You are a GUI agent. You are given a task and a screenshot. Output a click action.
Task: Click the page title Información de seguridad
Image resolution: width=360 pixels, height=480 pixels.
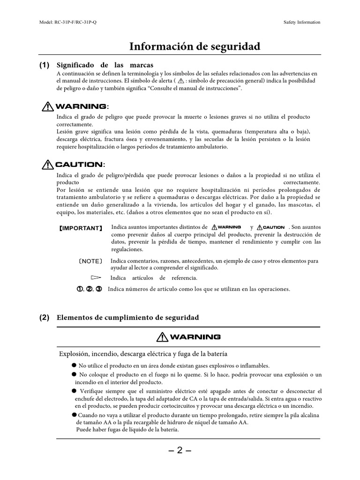[x=194, y=46]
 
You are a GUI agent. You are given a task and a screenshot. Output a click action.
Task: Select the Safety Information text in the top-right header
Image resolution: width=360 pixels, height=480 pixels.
[x=302, y=22]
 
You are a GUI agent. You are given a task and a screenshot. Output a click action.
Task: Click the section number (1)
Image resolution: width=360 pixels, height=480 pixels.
[x=45, y=65]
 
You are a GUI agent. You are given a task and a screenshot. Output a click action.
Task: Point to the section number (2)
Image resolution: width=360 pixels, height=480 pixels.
[x=45, y=317]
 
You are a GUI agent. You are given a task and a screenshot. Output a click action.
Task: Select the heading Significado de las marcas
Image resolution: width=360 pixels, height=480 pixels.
[x=105, y=65]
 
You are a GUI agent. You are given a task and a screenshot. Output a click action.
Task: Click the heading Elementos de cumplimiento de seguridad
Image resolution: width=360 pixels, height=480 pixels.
[x=127, y=317]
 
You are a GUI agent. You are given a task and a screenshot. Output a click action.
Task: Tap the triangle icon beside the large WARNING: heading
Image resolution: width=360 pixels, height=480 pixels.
[x=47, y=106]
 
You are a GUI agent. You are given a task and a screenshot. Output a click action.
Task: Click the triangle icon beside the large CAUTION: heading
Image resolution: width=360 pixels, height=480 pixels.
[x=47, y=164]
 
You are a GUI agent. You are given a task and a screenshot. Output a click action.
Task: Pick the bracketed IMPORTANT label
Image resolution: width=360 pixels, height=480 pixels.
[x=80, y=228]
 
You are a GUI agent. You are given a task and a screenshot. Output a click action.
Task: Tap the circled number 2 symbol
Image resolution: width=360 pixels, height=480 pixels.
[x=89, y=289]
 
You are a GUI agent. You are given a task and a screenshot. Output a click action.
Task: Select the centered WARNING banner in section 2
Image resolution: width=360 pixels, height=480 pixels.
[x=189, y=337]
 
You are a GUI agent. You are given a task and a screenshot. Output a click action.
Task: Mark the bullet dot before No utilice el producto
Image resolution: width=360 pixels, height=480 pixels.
[x=74, y=365]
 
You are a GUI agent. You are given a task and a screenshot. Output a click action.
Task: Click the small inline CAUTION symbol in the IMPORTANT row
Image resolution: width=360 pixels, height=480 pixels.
[x=271, y=227]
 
